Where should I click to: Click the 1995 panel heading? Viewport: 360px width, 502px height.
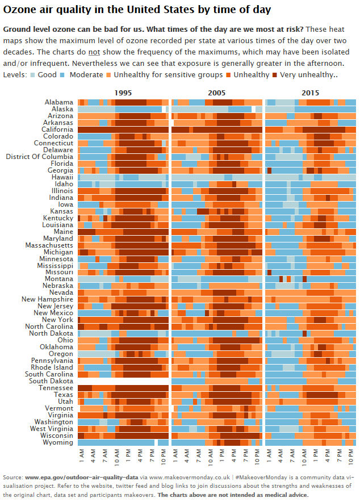124,93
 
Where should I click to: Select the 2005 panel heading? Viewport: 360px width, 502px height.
216,93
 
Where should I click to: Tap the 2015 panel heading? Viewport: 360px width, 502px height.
310,93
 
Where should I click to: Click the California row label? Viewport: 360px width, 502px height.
56,129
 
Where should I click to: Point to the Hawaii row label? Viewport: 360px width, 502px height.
62,177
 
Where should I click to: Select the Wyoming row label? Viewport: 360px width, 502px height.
58,442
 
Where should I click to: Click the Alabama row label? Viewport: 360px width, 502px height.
59,102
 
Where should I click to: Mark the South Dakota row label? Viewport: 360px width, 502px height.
51,381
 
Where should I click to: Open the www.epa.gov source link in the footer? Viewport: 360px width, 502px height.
82,478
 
